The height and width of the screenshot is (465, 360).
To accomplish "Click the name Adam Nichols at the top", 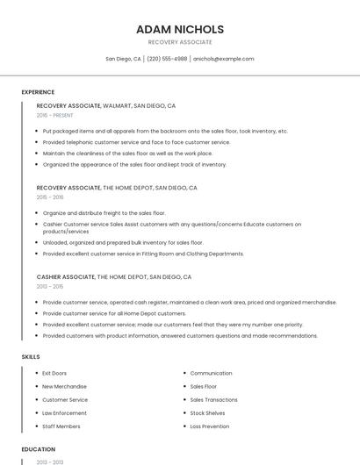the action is click(180, 29).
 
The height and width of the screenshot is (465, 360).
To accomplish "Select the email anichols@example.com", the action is click(224, 59).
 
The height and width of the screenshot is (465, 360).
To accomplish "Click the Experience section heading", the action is click(38, 92).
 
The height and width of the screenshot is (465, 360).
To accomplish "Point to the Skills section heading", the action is click(31, 357).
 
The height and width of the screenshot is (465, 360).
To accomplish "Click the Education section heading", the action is click(38, 449).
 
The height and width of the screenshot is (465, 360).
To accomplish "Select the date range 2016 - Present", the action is click(55, 115).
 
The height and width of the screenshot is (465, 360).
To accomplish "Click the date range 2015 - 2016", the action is click(50, 197).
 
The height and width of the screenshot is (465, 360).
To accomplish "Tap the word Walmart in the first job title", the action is click(118, 105).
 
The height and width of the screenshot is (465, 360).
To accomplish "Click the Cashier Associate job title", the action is click(66, 276).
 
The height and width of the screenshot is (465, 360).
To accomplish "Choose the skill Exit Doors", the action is click(54, 373).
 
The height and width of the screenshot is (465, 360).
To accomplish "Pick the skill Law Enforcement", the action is click(64, 412).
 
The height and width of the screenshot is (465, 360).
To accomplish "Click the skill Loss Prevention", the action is click(210, 426).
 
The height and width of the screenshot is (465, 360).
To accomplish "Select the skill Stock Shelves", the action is click(208, 412).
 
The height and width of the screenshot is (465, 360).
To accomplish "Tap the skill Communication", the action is click(212, 373).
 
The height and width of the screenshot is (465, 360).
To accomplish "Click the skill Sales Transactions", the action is click(213, 399).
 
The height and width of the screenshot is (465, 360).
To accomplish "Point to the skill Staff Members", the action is click(61, 426).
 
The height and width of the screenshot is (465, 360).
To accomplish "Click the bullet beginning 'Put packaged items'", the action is click(165, 131).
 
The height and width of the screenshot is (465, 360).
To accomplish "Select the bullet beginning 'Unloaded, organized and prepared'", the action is click(123, 242).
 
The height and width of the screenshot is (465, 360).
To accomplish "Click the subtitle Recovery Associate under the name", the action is click(180, 42).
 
